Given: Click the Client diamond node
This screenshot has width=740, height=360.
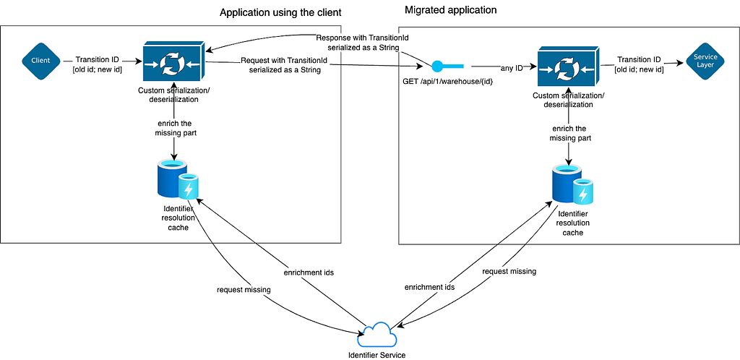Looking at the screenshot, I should (40, 61).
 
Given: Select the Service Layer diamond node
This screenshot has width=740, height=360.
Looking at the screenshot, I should (705, 61).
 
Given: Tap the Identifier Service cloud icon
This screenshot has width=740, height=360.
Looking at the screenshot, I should (377, 335).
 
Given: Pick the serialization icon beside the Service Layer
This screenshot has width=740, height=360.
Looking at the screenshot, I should (569, 67).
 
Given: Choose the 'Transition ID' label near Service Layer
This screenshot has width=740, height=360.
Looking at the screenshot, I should (638, 64).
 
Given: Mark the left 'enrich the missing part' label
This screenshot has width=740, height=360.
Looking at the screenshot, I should (173, 128).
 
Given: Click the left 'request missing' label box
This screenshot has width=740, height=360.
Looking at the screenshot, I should (244, 290).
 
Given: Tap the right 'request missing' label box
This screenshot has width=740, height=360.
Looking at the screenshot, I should (509, 271).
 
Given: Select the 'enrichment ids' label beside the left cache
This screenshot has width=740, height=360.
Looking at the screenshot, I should (308, 273).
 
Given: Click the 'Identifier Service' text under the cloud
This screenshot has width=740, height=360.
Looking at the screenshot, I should (377, 354).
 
